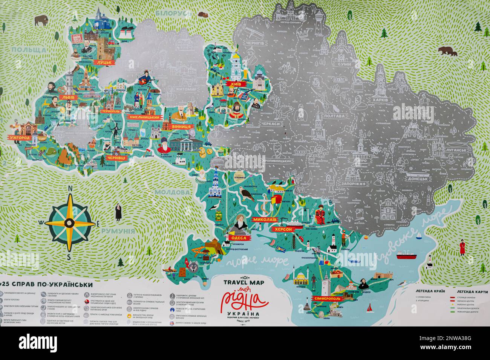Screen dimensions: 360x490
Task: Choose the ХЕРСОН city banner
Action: tap(283, 229)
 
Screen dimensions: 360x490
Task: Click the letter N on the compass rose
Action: tap(69, 189)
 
